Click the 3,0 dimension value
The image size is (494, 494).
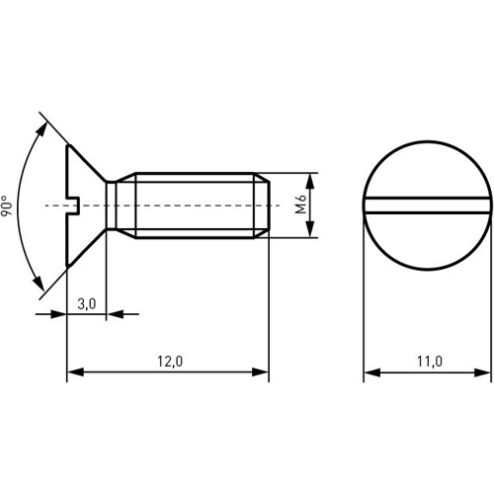pyautogui.click(x=86, y=303)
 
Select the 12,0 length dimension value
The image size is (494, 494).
pyautogui.click(x=169, y=362)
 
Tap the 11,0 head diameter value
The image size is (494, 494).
pyautogui.click(x=428, y=362)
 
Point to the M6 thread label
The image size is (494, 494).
pyautogui.click(x=300, y=206)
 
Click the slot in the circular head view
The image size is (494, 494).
pyautogui.click(x=427, y=206)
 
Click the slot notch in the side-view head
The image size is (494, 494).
pyautogui.click(x=72, y=206)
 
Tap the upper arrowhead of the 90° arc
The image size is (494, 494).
pyautogui.click(x=43, y=126)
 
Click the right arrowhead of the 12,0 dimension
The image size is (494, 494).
pyautogui.click(x=261, y=373)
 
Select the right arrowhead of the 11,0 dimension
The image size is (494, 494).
pyautogui.click(x=483, y=373)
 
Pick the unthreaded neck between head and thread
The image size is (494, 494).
pyautogui.click(x=122, y=206)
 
